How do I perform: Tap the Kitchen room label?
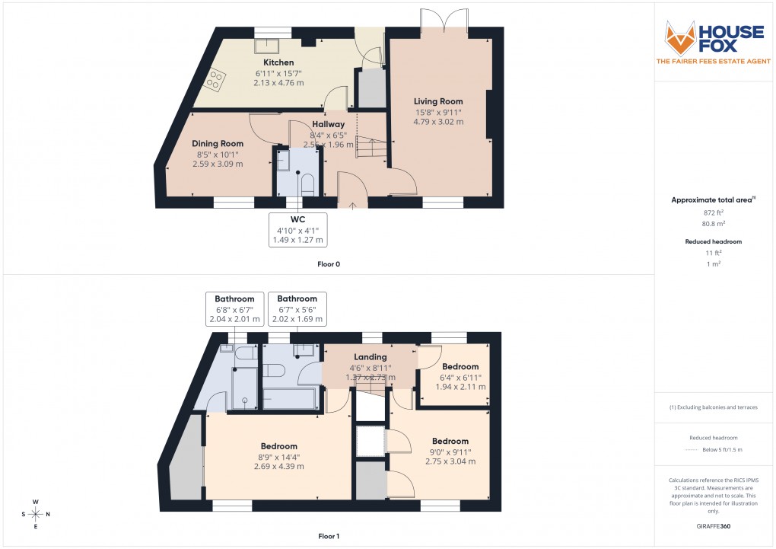pos(278,62)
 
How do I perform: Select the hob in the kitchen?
pos(216,80)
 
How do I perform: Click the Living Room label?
pos(438,101)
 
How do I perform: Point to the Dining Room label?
pos(218,144)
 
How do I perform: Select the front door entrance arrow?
pos(352,205)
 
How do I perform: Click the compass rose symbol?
pos(36,514)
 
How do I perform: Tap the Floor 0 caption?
pos(329,264)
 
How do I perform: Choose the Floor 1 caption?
pos(329,537)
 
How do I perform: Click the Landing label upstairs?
pos(371,357)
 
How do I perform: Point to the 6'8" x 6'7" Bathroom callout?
pos(234,309)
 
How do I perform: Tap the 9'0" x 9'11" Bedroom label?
pos(450,441)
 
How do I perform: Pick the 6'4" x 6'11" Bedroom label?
pos(460,366)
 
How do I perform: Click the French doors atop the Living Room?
pos(443,20)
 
